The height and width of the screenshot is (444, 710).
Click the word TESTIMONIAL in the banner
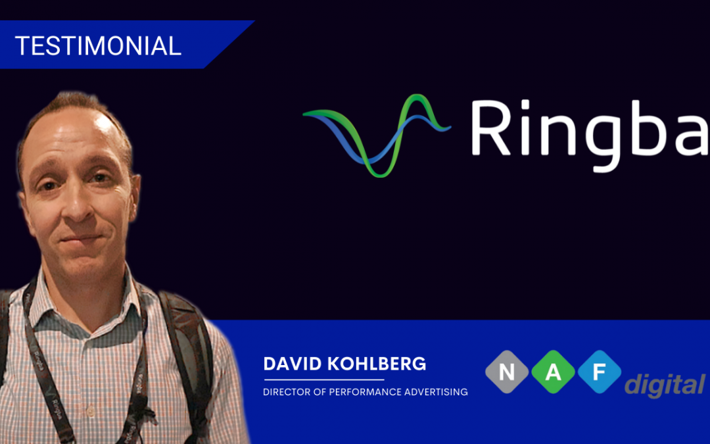98,46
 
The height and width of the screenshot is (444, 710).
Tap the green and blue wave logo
376,135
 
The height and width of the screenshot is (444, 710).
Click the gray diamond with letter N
507,372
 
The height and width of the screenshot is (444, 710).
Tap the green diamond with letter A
554,372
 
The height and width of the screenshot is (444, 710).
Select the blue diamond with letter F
600,372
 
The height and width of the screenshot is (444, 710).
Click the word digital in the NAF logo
664,385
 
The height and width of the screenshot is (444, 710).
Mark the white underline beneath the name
323,380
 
